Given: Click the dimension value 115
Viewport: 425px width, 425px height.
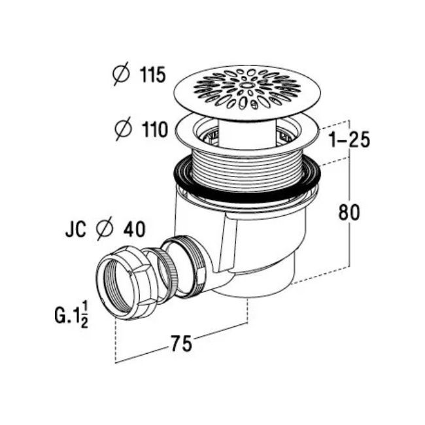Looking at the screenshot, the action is click(152, 75).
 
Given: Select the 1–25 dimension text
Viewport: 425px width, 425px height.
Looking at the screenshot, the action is click(350, 140).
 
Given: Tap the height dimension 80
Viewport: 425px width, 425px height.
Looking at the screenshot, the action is click(349, 212).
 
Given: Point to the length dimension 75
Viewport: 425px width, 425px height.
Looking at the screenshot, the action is click(181, 343).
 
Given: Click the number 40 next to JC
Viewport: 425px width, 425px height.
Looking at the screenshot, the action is click(135, 229).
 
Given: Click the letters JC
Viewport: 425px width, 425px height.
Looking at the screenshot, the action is click(76, 229).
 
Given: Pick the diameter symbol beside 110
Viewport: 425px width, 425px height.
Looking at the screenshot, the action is click(124, 129).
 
